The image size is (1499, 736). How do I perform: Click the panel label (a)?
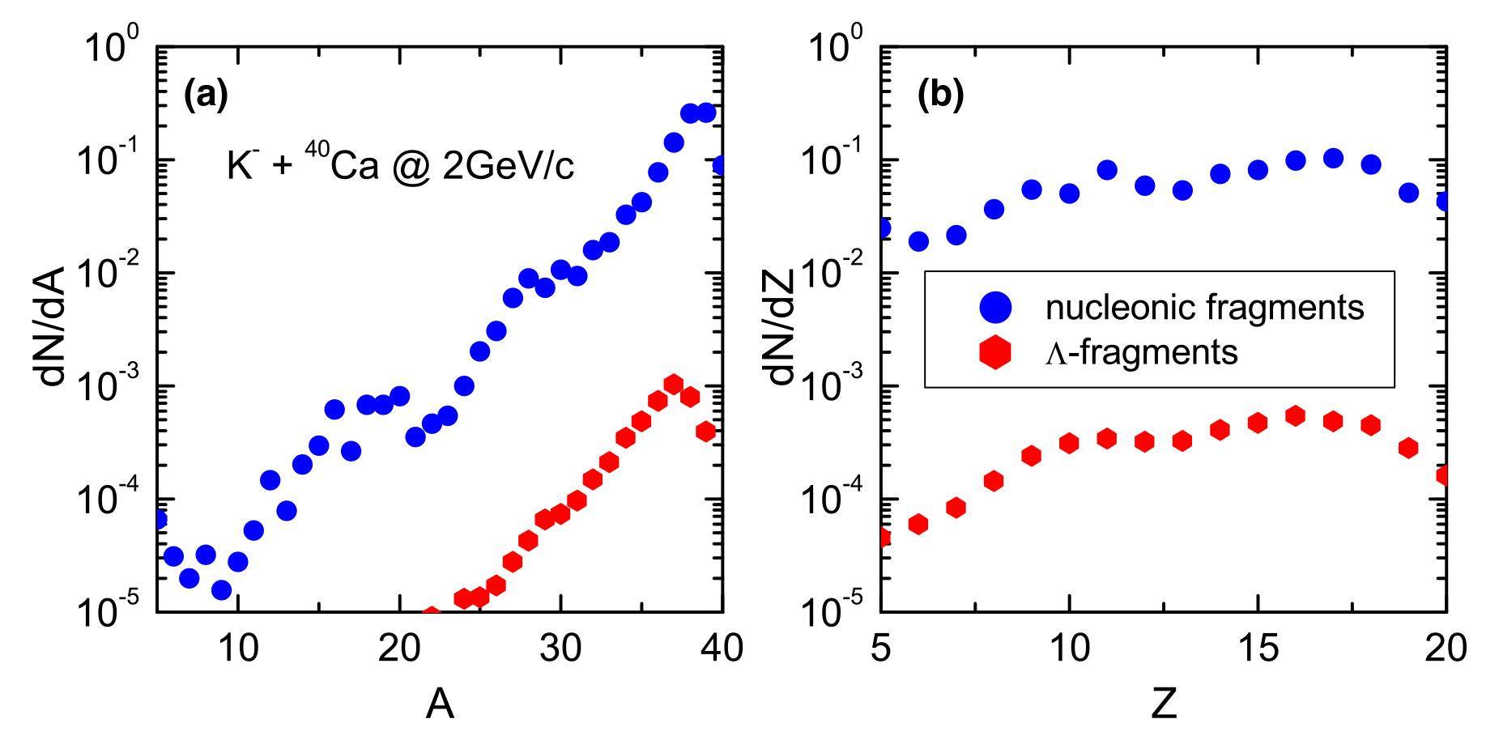[206, 96]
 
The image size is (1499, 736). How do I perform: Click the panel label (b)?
[940, 96]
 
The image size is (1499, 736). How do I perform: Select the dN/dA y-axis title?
[58, 331]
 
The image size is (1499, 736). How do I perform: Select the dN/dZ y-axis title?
[783, 331]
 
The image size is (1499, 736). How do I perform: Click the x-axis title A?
[439, 707]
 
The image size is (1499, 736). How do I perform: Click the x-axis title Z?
[1164, 707]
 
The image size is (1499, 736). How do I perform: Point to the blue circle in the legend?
[995, 306]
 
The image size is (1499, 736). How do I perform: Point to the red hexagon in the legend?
[995, 352]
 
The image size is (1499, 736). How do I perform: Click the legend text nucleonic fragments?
[1204, 307]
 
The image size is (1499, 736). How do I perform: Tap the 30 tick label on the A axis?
[560, 649]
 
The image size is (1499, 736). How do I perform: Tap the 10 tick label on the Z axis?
[1069, 649]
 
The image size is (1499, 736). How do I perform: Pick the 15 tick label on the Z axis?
[1258, 649]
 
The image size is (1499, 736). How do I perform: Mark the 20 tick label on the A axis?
[399, 649]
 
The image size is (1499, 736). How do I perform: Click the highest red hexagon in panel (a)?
[673, 384]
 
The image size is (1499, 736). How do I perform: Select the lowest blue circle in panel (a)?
[221, 590]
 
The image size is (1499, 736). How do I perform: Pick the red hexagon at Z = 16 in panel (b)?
[1295, 416]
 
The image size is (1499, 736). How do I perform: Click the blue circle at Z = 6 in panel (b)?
[918, 241]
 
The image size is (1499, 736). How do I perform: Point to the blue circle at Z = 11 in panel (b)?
[1107, 170]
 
